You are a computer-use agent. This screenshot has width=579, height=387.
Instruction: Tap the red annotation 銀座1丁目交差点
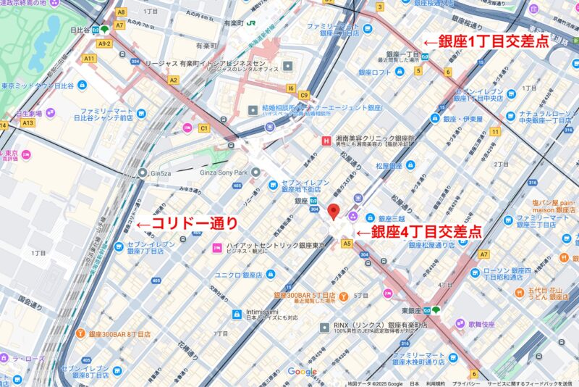pyautogui.click(x=486, y=42)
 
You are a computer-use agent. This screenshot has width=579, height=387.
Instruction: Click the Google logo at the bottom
pyautogui.click(x=302, y=372)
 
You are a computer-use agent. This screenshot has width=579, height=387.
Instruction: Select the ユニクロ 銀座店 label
pyautogui.click(x=242, y=275)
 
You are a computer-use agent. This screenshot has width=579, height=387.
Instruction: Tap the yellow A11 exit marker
pyautogui.click(x=90, y=58)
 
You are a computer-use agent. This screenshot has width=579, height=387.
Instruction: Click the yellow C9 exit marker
pyautogui.click(x=305, y=95)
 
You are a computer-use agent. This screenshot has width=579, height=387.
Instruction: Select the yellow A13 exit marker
pyautogui.click(x=28, y=123)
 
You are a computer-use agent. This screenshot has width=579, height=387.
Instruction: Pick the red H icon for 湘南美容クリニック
pyautogui.click(x=325, y=138)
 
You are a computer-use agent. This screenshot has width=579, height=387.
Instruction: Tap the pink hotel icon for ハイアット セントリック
pyautogui.click(x=216, y=249)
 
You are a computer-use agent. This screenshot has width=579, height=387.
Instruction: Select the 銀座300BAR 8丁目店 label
pyautogui.click(x=119, y=334)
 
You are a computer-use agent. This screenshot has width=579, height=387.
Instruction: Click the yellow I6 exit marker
pyautogui.click(x=291, y=88)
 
